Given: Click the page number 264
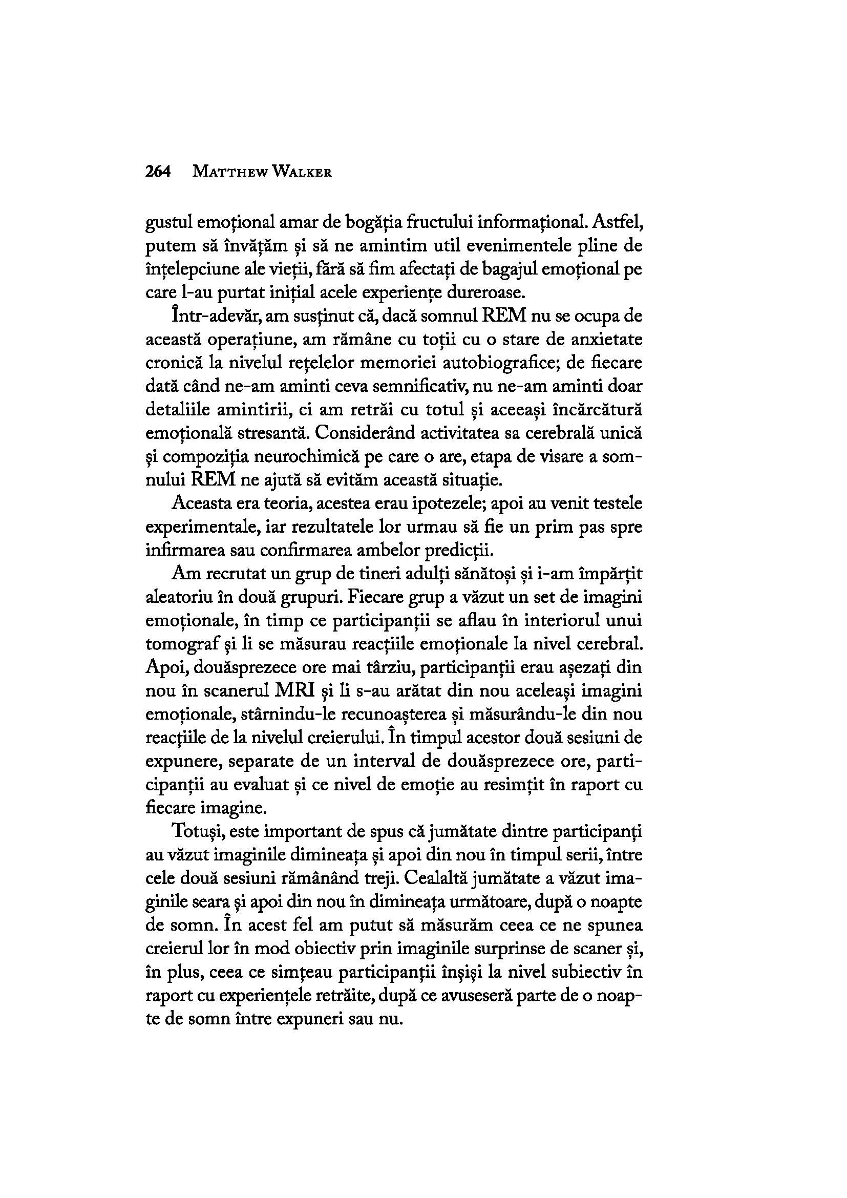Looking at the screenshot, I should pyautogui.click(x=159, y=172).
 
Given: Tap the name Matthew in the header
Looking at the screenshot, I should pyautogui.click(x=228, y=172).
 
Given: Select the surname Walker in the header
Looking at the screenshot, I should pyautogui.click(x=300, y=172).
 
